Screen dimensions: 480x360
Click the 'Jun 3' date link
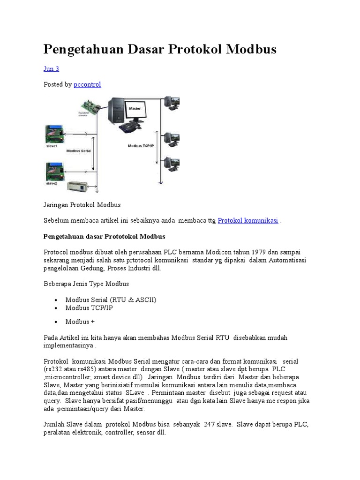(x=51, y=69)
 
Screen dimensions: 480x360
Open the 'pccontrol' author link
(x=87, y=84)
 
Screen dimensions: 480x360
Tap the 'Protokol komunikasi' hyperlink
(x=248, y=220)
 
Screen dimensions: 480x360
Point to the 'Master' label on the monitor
(x=135, y=108)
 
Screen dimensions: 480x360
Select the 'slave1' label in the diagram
(x=52, y=146)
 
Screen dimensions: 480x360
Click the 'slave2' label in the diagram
(x=52, y=184)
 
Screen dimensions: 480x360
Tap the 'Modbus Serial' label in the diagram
(x=78, y=151)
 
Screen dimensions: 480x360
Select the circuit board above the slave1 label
(x=55, y=134)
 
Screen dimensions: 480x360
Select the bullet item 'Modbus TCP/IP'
(x=89, y=308)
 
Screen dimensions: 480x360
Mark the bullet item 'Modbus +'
(x=80, y=322)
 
